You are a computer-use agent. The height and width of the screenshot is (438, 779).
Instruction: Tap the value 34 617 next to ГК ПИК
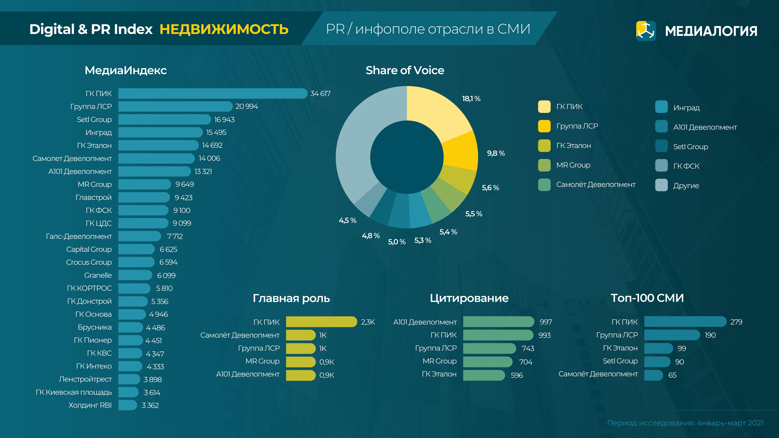pos(320,94)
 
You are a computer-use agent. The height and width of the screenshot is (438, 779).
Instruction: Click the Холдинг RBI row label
pos(90,405)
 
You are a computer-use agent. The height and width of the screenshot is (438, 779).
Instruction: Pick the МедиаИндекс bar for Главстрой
pos(144,197)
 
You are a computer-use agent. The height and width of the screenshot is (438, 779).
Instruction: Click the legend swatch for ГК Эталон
pos(544,146)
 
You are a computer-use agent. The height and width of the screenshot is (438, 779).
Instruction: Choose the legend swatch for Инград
pos(661,107)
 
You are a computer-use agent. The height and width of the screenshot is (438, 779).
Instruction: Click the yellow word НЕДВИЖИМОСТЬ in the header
pos(224,29)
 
